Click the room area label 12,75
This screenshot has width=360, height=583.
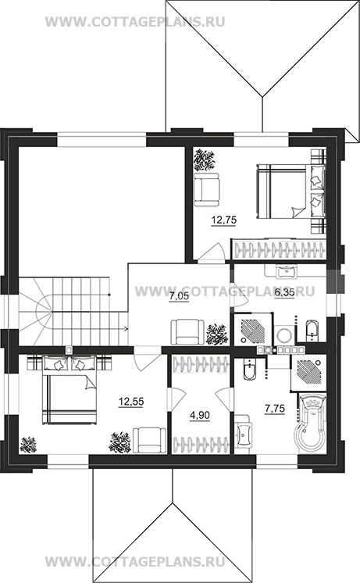pos(224,220)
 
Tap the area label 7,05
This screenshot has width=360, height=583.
pos(179,297)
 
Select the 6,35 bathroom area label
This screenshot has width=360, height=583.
pos(284,292)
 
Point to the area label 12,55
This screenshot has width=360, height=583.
pos(130,402)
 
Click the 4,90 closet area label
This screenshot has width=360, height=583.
pos(200,415)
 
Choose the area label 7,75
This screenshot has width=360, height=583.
pos(275,409)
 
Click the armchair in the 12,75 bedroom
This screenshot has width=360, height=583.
pos(207,189)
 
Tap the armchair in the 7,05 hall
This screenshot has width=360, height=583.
pos(187,331)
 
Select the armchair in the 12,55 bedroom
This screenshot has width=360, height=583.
pos(149,440)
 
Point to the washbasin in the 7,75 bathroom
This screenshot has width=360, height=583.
pos(244,433)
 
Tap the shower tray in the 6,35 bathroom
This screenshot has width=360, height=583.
pos(253,329)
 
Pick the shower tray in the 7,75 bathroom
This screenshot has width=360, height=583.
pos(308,372)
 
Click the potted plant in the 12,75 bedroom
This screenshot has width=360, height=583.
pos(205,160)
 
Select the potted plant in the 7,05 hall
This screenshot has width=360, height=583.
pos(216,332)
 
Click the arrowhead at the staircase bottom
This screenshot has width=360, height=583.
pos(127,329)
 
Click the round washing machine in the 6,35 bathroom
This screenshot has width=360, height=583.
pos(284,334)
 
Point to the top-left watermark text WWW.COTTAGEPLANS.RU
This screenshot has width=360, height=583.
pos(135,22)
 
